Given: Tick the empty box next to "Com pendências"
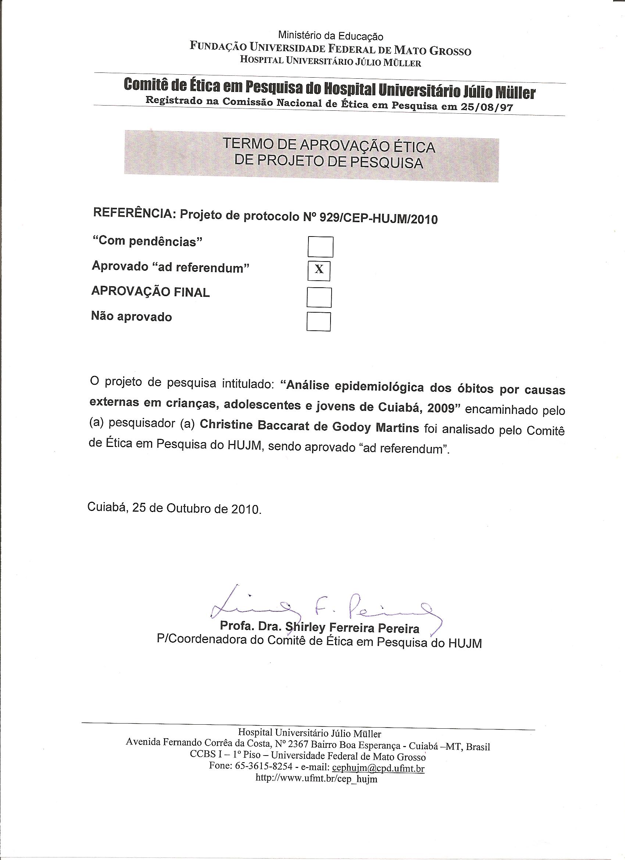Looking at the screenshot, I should (320, 246).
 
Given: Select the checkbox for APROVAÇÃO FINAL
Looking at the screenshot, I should (319, 297).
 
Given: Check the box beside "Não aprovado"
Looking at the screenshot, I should (318, 321).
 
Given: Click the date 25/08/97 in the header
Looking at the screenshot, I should (487, 107).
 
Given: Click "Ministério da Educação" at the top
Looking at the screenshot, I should (331, 36).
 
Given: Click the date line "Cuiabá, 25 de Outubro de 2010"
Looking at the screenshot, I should (174, 508).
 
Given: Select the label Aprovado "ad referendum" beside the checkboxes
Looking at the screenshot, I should (170, 267).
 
